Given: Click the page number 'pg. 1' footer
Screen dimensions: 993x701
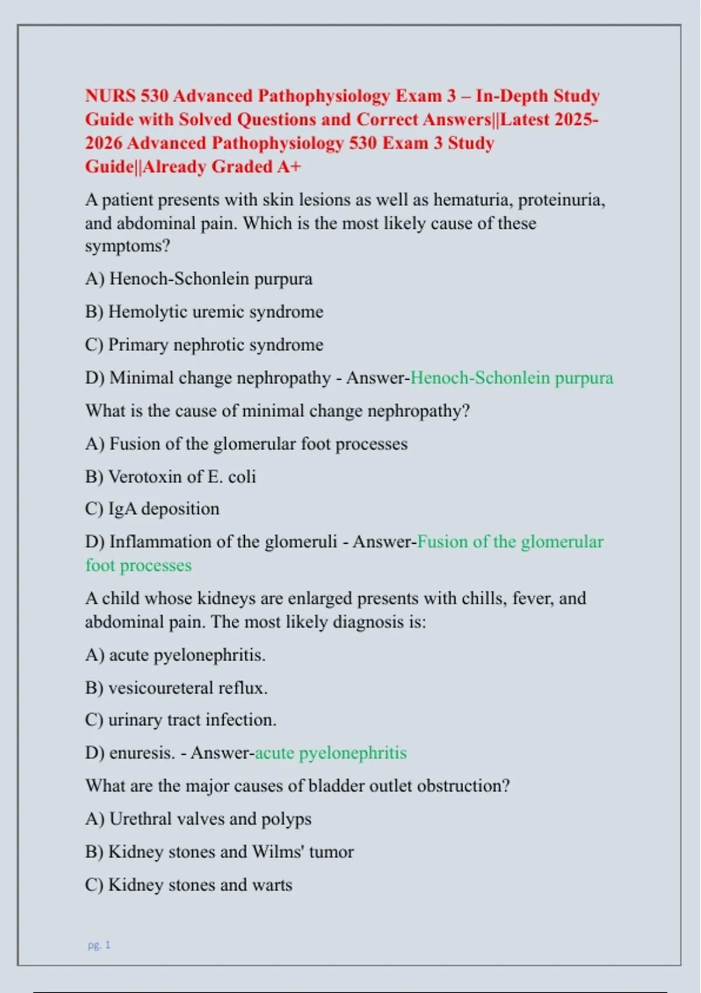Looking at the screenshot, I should (99, 945).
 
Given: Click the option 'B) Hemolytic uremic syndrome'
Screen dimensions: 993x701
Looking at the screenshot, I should (204, 311).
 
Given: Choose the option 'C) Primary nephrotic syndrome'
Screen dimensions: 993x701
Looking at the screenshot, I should (204, 345).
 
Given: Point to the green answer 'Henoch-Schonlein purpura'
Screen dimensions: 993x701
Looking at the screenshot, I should (512, 378).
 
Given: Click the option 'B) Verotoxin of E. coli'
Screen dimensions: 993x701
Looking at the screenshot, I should (171, 477).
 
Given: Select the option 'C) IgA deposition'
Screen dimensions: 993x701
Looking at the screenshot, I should (152, 509).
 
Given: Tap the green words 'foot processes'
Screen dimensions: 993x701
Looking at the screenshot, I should (138, 565).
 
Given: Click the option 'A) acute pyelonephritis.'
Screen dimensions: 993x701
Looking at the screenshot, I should (175, 655).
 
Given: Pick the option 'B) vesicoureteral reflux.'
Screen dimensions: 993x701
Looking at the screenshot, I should (176, 688).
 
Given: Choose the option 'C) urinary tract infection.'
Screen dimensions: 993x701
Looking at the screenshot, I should (181, 720).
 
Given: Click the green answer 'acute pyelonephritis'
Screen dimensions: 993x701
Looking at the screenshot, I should (331, 753).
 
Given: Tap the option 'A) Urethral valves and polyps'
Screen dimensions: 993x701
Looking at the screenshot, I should (198, 819).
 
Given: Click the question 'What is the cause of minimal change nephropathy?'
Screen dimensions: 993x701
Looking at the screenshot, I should (277, 411).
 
